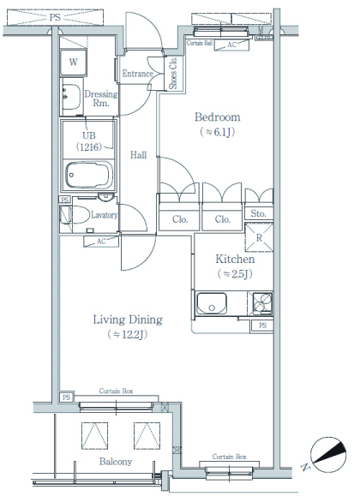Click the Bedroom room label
[217, 117]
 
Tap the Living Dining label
[128, 320]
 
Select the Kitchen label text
[235, 259]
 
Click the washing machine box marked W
[73, 62]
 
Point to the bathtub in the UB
[89, 174]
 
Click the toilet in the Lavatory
[75, 215]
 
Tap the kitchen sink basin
[212, 303]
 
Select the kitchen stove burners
[262, 303]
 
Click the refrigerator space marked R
[259, 237]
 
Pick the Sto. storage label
[258, 213]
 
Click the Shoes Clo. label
[173, 73]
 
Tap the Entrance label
[138, 74]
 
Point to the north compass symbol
[328, 454]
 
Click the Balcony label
[116, 462]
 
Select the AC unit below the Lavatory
[100, 242]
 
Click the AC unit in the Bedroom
[231, 45]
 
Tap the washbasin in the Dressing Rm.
[70, 97]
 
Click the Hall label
[138, 155]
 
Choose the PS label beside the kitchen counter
[262, 326]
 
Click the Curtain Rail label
[200, 43]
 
